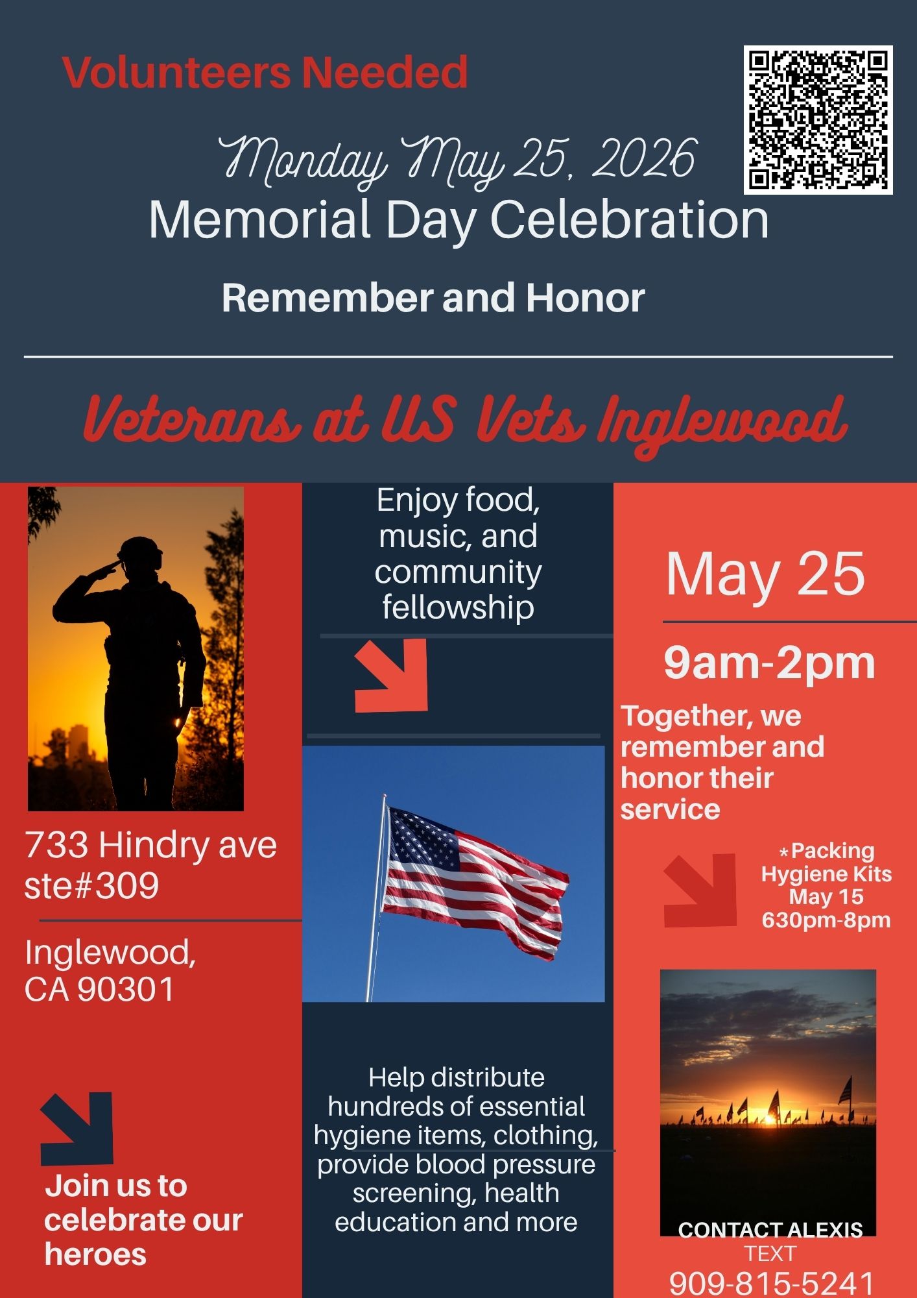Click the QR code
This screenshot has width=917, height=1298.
pyautogui.click(x=818, y=119)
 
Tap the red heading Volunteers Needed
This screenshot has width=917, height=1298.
pyautogui.click(x=265, y=72)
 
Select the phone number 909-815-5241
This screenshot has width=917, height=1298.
pyautogui.click(x=771, y=1282)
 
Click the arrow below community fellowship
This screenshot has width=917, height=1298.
pyautogui.click(x=392, y=675)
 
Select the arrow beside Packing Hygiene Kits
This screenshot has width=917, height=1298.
pyautogui.click(x=700, y=890)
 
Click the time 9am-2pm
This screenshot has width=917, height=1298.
pyautogui.click(x=769, y=663)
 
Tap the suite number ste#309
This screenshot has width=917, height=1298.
pyautogui.click(x=91, y=885)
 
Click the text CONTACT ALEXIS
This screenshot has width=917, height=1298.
pyautogui.click(x=770, y=1230)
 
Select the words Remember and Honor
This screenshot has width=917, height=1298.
pyautogui.click(x=433, y=298)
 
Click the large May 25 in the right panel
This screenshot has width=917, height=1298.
pyautogui.click(x=765, y=574)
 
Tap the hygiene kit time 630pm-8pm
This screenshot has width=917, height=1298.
pyautogui.click(x=826, y=920)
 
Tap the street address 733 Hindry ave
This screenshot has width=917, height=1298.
pyautogui.click(x=150, y=845)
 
